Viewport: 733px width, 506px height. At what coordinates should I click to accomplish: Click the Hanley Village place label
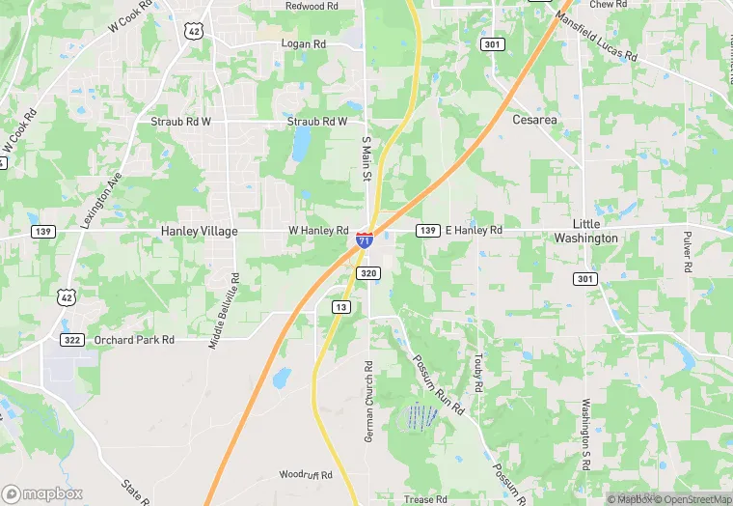pyautogui.click(x=200, y=232)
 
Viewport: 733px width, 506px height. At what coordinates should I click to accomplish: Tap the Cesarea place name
pyautogui.click(x=534, y=120)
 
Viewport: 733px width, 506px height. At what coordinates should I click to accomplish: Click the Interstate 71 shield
pyautogui.click(x=364, y=239)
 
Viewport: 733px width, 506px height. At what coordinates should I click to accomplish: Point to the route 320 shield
pyautogui.click(x=369, y=274)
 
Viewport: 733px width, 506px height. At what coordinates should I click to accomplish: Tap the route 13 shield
pyautogui.click(x=340, y=307)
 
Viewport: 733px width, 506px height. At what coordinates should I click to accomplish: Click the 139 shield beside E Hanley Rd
pyautogui.click(x=428, y=230)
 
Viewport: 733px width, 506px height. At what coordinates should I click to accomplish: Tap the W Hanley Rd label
pyautogui.click(x=318, y=231)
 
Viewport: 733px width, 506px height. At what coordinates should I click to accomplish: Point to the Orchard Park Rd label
pyautogui.click(x=134, y=340)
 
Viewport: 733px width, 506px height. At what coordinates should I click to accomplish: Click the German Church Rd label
pyautogui.click(x=368, y=403)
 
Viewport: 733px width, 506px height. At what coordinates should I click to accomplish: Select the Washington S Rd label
pyautogui.click(x=585, y=434)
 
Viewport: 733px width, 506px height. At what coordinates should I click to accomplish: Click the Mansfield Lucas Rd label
pyautogui.click(x=597, y=37)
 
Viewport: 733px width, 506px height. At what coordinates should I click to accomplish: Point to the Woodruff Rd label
pyautogui.click(x=306, y=475)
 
